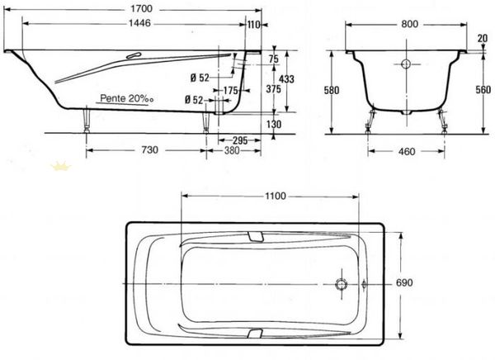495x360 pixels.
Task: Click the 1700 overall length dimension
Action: coord(141,9)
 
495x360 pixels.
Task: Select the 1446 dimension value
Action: coord(140,23)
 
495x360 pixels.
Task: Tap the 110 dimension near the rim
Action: coord(254,24)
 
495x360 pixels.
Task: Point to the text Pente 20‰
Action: coord(126,98)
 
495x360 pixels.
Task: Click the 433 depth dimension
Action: coord(286,79)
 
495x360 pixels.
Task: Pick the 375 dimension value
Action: coord(273,89)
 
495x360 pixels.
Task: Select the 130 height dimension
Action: coord(273,124)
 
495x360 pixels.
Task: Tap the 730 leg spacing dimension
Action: coord(149,149)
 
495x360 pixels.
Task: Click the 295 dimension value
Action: coord(240,140)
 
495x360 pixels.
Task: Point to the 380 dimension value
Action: coord(232,150)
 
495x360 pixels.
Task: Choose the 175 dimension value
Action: coord(230,91)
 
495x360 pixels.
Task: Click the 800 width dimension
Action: coord(410,24)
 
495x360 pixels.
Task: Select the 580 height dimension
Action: coord(332,90)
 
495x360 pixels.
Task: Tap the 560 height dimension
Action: coord(483,90)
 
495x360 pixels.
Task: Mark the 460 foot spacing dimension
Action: coord(407,152)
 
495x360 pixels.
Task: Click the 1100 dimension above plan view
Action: coord(276,196)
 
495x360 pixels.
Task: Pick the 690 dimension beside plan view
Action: coord(404,282)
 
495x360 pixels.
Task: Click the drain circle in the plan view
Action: coord(341,285)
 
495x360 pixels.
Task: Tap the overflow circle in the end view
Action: coord(406,64)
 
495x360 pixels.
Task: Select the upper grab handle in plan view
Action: coord(256,237)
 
